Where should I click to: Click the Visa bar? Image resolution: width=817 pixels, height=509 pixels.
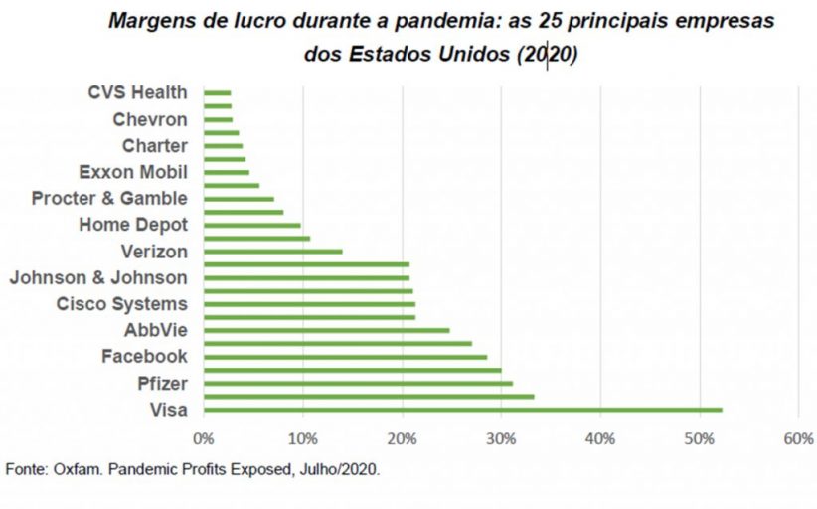point(462,409)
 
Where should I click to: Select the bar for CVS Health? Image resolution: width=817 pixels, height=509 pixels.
point(217,92)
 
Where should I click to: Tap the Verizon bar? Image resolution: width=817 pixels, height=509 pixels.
point(272,251)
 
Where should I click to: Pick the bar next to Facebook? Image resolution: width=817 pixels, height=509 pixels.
point(345,356)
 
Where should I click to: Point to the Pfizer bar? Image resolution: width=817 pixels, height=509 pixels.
point(358,383)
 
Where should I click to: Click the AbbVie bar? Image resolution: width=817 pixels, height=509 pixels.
point(326,330)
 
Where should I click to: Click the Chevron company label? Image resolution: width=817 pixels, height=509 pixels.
point(149,119)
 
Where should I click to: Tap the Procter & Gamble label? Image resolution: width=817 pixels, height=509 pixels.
point(109,198)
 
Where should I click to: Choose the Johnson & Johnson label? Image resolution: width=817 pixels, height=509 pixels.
point(97,277)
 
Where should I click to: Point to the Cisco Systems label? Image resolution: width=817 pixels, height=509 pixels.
point(121,303)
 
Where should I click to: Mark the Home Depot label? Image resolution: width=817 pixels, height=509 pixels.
point(133,225)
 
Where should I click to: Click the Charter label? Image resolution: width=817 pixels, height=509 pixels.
point(154,145)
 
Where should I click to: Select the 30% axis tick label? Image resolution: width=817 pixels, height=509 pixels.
point(502,438)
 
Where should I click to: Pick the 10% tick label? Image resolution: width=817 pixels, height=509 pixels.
point(303,438)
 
